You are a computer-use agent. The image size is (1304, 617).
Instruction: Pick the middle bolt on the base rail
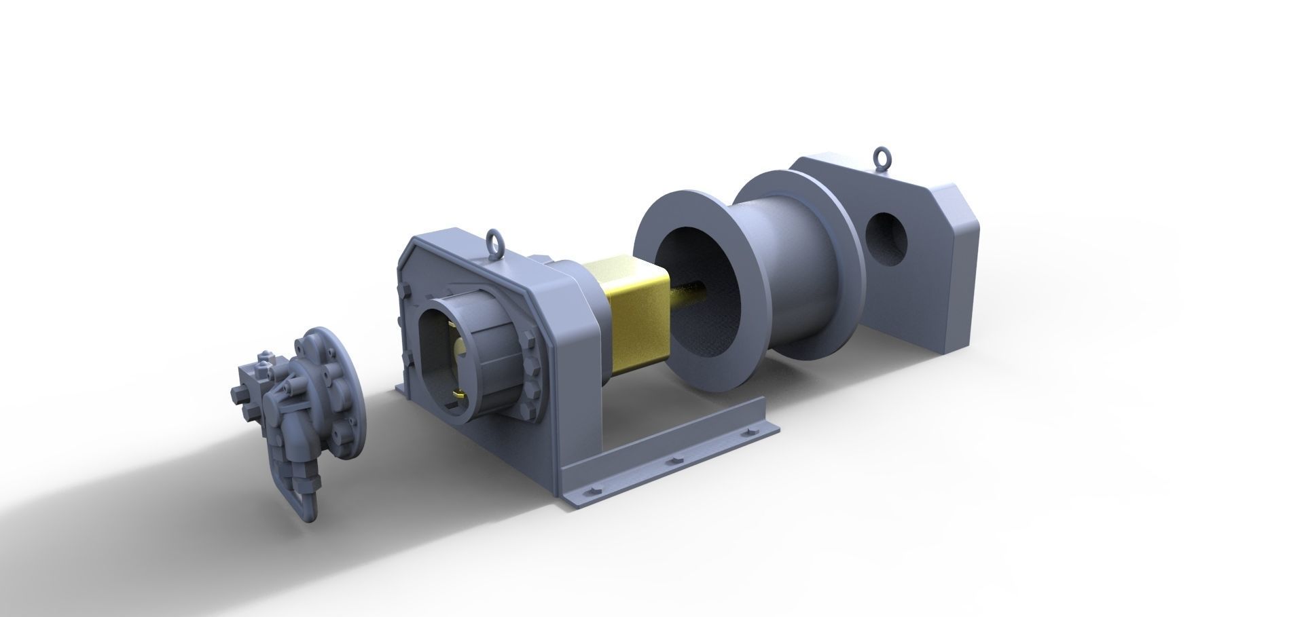click(x=674, y=462)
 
